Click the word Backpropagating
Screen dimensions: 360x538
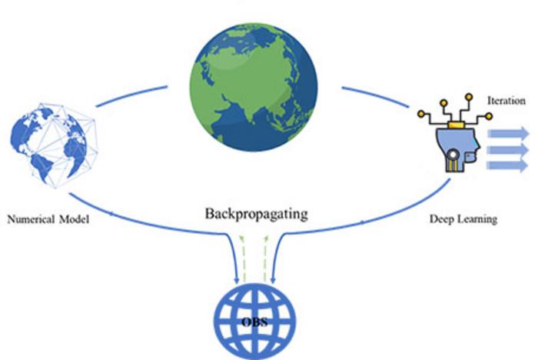(257, 213)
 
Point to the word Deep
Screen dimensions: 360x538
(440, 219)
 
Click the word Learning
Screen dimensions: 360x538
(476, 219)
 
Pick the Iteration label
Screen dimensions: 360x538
(506, 101)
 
